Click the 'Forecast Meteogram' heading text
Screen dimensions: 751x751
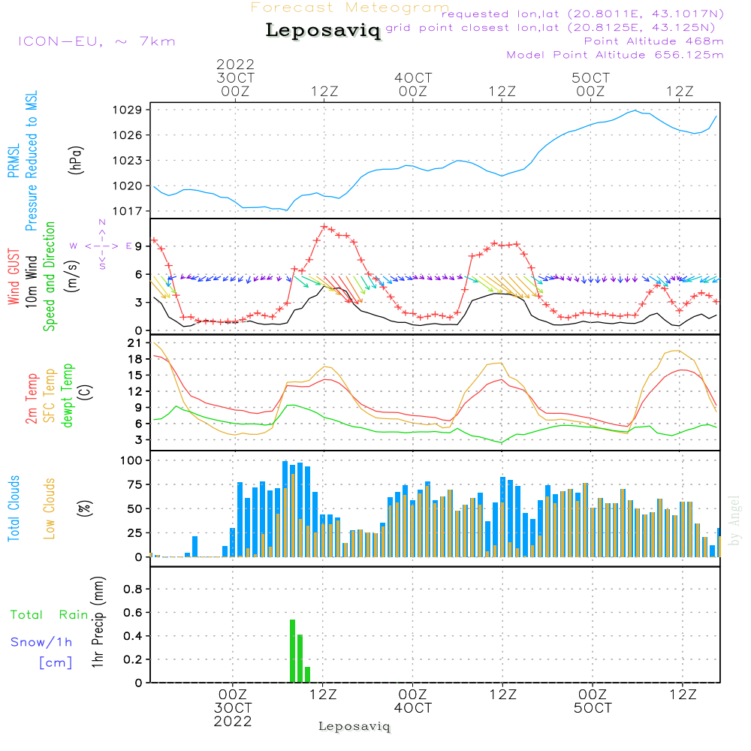(350, 8)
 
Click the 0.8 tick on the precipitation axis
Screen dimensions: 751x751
(133, 590)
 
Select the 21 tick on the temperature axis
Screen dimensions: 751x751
(134, 343)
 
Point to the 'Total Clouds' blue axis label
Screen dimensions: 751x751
(14, 508)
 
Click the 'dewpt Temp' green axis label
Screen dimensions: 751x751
(68, 397)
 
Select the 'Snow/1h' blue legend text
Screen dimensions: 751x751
(42, 642)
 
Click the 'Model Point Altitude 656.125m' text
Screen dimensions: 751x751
(615, 55)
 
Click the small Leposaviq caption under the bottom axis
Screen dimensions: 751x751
(354, 726)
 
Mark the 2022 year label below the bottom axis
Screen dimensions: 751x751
(233, 722)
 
